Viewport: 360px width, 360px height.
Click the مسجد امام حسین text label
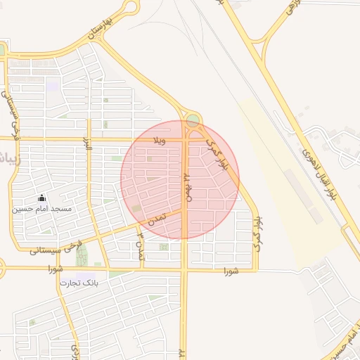pyautogui.click(x=42, y=210)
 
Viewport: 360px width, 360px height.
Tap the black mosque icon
pyautogui.click(x=41, y=198)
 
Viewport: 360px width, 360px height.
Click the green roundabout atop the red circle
pyautogui.click(x=192, y=120)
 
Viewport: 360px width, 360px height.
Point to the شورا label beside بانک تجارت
pyautogui.click(x=56, y=269)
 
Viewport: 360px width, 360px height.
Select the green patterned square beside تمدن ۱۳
pyautogui.click(x=164, y=247)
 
